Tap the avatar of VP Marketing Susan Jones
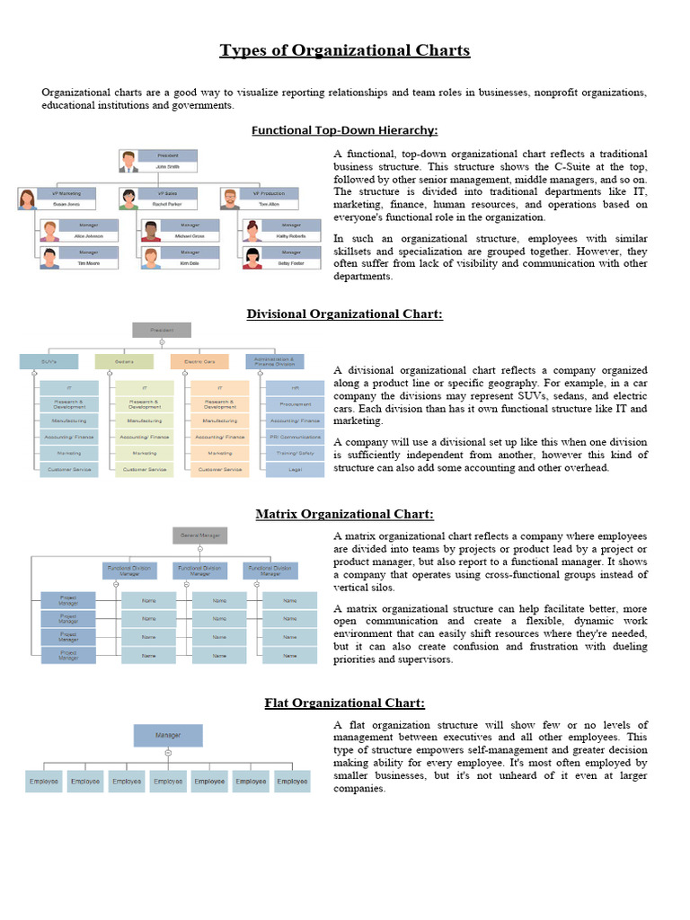tap(28, 199)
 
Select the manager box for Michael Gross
tap(189, 230)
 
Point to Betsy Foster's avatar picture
tap(252, 260)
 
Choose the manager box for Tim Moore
tap(87, 260)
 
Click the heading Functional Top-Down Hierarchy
tap(344, 130)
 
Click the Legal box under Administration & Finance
tap(295, 469)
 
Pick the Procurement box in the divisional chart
tap(295, 404)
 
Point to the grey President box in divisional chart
tap(162, 330)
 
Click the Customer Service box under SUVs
tap(68, 469)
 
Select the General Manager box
tap(200, 535)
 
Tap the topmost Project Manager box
tap(68, 599)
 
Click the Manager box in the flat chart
tap(168, 736)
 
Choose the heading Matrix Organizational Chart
tap(344, 514)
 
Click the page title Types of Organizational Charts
tap(345, 50)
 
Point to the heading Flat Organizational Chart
tap(344, 703)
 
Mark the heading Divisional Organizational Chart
tap(344, 314)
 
